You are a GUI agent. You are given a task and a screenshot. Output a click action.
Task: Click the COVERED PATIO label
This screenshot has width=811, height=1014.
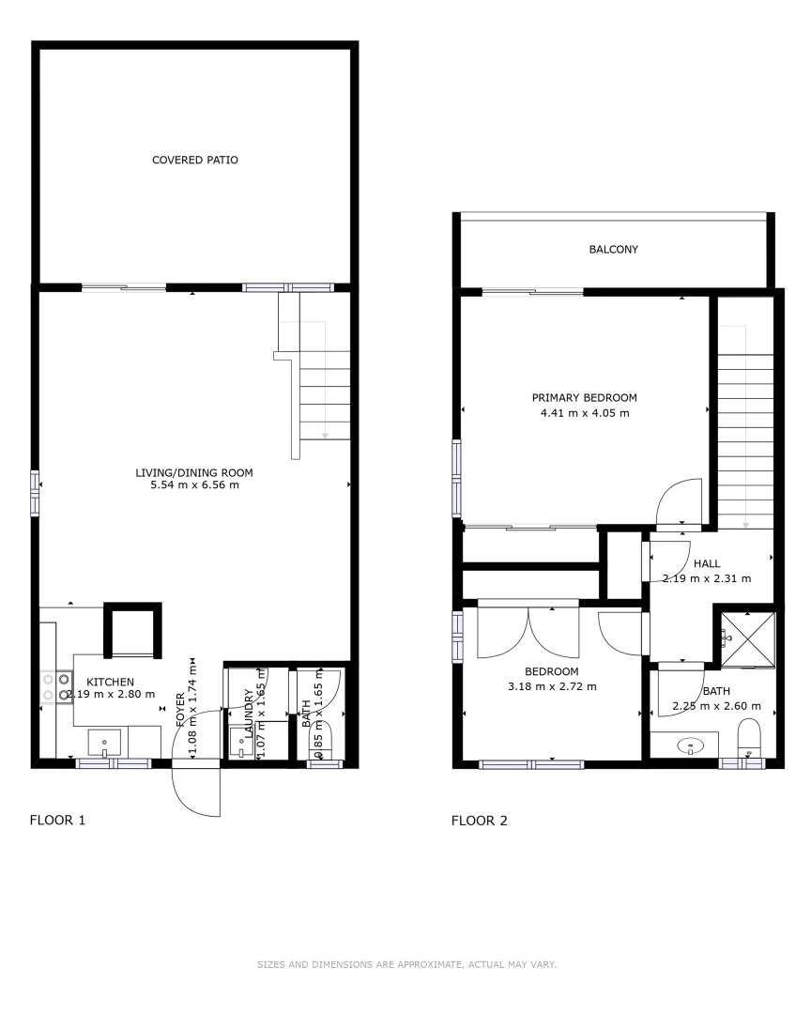(x=195, y=160)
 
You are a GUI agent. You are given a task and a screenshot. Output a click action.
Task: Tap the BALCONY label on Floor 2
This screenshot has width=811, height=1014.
(x=613, y=250)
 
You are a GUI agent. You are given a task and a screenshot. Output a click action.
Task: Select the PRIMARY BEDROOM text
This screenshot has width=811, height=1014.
(x=584, y=397)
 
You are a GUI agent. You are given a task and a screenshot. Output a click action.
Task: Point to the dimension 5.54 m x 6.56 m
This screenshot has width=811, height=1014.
(x=194, y=485)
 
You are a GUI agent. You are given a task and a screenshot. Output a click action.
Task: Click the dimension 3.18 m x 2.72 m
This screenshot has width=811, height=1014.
(x=552, y=686)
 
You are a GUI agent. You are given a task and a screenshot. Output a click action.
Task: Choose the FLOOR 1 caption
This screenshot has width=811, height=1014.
(x=58, y=821)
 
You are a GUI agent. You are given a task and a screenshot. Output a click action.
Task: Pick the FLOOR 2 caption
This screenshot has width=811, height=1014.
(x=480, y=821)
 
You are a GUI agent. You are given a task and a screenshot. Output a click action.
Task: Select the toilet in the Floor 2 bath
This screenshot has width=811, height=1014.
(x=749, y=737)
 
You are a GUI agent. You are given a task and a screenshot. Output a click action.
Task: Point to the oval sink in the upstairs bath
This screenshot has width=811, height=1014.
(x=692, y=746)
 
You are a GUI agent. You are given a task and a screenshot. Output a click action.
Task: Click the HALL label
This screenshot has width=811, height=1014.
(x=707, y=563)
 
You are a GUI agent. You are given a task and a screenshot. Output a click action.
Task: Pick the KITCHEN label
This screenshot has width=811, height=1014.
(x=111, y=682)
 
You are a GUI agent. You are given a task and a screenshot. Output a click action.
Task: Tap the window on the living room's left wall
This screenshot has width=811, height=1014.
(x=35, y=493)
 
